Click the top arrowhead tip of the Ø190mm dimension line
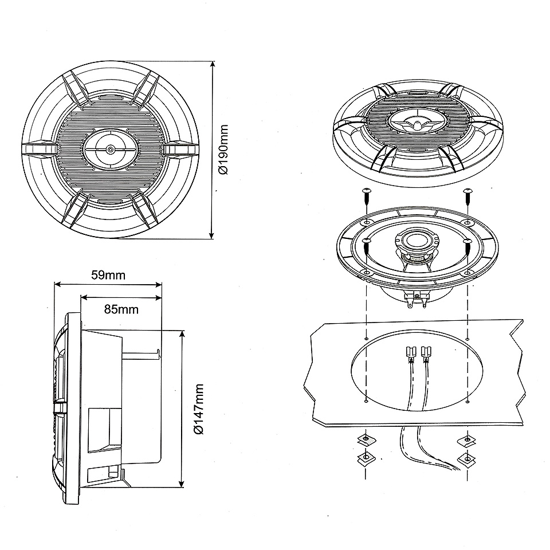[x=212, y=62]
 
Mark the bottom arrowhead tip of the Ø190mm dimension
[x=211, y=238]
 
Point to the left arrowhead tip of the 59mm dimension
[x=54, y=285]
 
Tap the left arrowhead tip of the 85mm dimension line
[x=81, y=298]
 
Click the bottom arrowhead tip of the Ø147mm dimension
[x=182, y=487]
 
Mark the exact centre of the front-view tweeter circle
[x=111, y=149]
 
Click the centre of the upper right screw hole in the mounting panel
[x=468, y=339]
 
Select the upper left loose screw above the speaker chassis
[x=367, y=197]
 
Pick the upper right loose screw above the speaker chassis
[x=467, y=197]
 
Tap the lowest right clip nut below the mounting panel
[x=467, y=458]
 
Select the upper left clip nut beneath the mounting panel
[x=366, y=440]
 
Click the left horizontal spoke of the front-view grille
[x=39, y=148]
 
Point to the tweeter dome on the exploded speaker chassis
[x=417, y=241]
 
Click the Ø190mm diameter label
[x=223, y=150]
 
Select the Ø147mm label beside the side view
[x=199, y=409]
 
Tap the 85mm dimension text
[x=121, y=309]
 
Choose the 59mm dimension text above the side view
[x=108, y=275]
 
